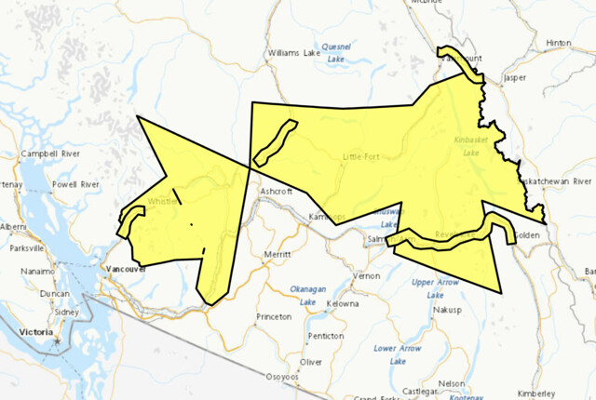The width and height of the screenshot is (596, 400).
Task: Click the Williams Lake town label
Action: pyautogui.click(x=293, y=53)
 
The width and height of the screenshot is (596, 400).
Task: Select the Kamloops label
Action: pyautogui.click(x=327, y=217)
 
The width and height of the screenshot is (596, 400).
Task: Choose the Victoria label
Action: pyautogui.click(x=36, y=330)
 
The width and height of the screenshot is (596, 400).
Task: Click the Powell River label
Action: pyautogui.click(x=76, y=185)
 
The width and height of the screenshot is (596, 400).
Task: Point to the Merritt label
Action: pyautogui.click(x=278, y=254)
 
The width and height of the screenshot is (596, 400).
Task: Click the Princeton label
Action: pyautogui.click(x=275, y=316)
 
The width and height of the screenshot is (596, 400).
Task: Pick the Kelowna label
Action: pyautogui.click(x=343, y=303)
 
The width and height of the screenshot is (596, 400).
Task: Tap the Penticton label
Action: pyautogui.click(x=327, y=335)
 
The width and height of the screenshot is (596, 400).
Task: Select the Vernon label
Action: pyautogui.click(x=366, y=276)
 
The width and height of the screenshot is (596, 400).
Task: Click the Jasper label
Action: pyautogui.click(x=515, y=79)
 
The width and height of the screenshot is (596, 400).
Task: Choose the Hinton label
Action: pyautogui.click(x=558, y=43)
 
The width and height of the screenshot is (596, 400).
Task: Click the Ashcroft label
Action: pyautogui.click(x=276, y=191)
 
